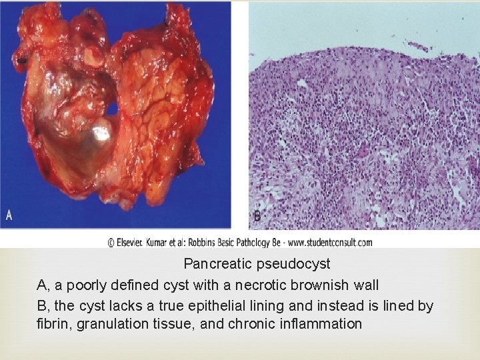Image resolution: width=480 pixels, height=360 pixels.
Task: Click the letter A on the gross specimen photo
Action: tap(9, 215)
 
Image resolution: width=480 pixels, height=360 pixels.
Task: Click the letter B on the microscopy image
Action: tap(257, 217)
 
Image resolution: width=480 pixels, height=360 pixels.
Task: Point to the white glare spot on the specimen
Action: tap(103, 132)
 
